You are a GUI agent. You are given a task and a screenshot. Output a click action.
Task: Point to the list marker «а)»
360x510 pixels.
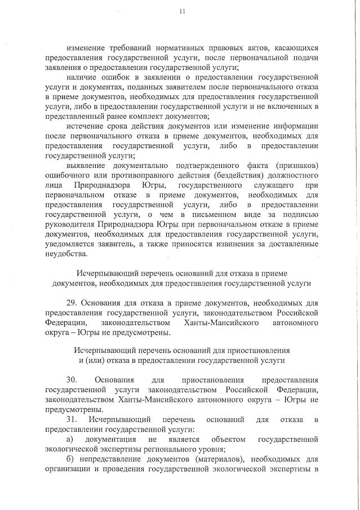tap(70, 440)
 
